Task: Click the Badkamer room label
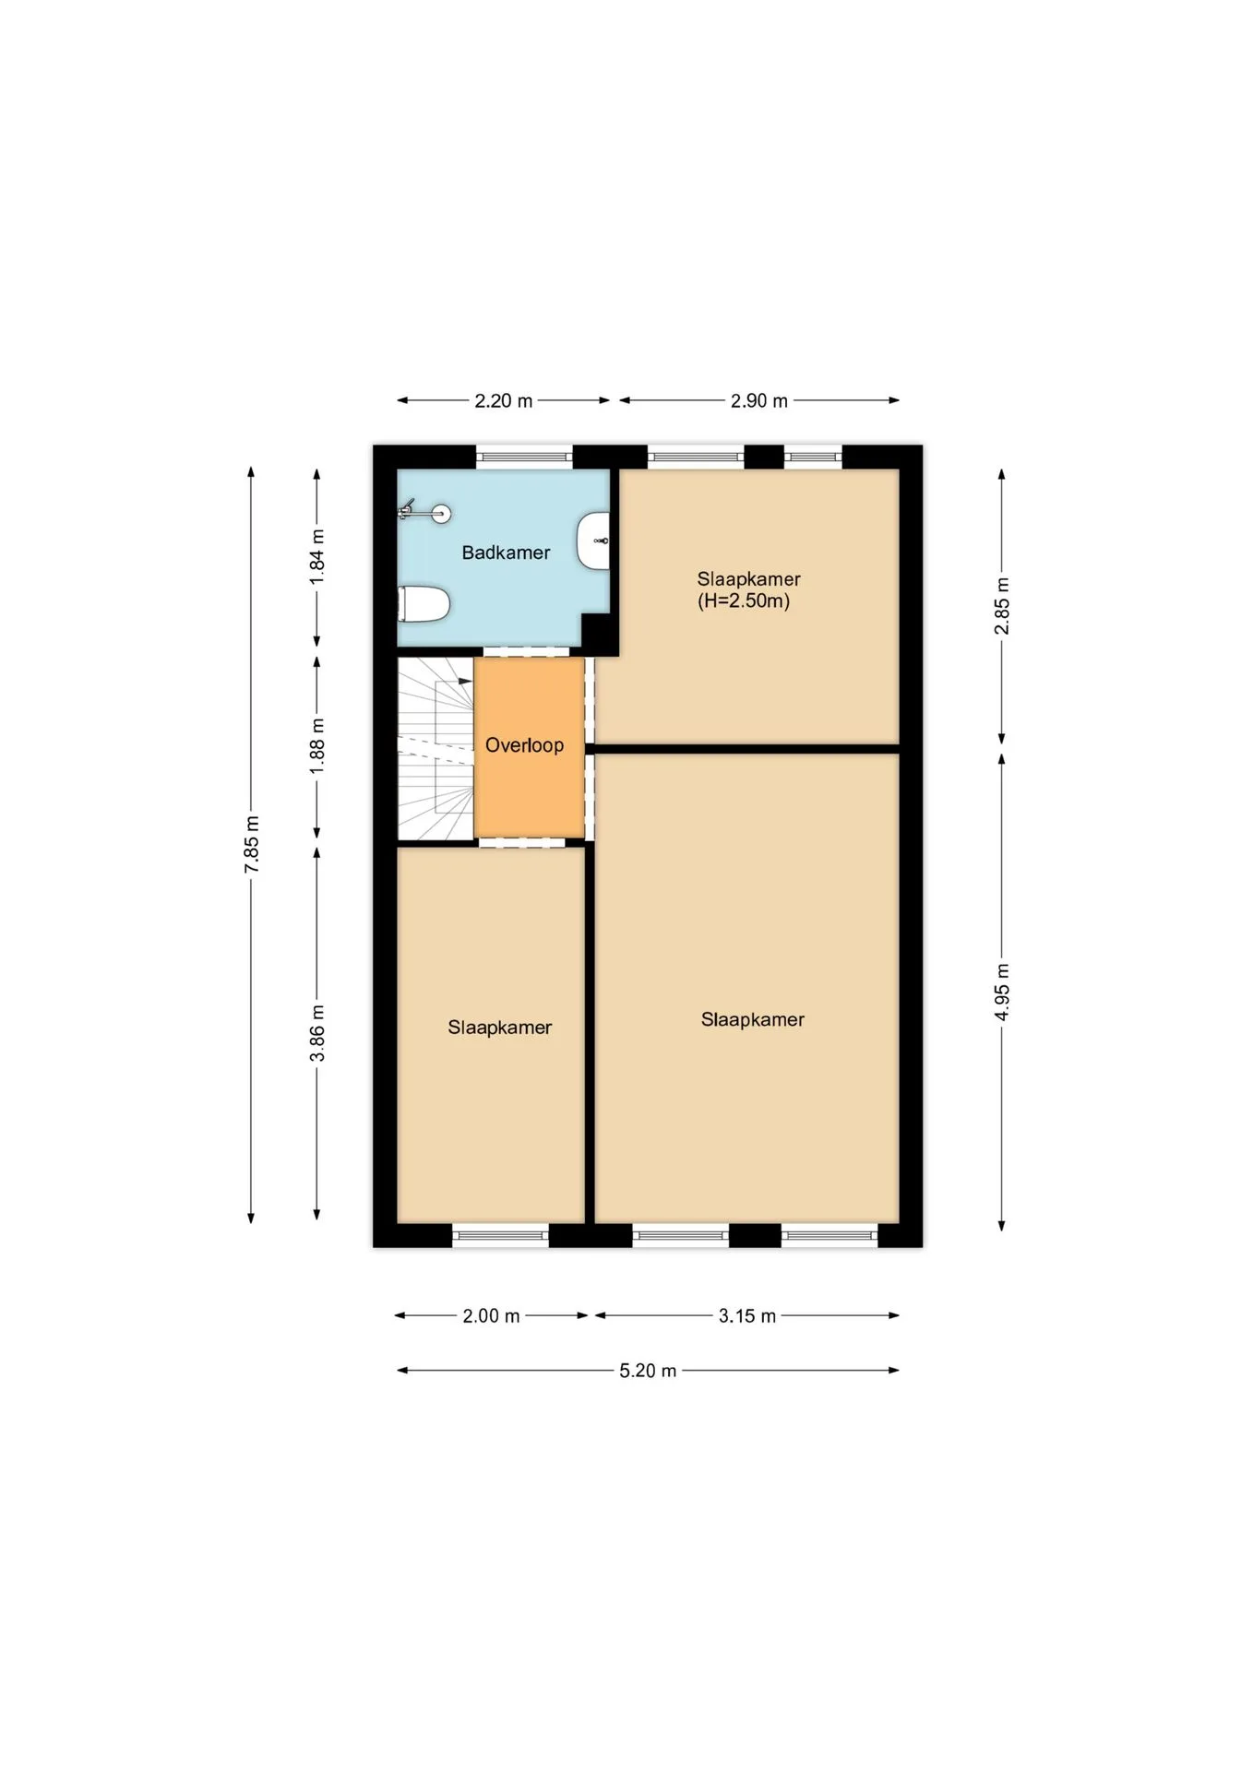pos(506,553)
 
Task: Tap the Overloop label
pos(524,745)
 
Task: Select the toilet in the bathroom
pos(424,605)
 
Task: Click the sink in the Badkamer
pos(593,541)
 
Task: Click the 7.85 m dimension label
pos(252,844)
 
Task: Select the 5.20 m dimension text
pos(648,1371)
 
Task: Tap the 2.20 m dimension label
pos(504,401)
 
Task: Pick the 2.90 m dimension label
pos(759,401)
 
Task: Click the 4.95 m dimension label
pos(1002,992)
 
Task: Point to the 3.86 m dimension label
pos(317,1033)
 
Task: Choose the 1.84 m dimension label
pos(317,556)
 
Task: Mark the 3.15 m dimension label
pos(747,1316)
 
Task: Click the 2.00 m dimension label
pos(491,1316)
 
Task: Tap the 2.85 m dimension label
pos(1002,606)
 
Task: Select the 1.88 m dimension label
pos(317,746)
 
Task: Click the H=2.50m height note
pos(744,601)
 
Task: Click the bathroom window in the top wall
pos(524,457)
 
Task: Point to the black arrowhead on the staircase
pos(466,682)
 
